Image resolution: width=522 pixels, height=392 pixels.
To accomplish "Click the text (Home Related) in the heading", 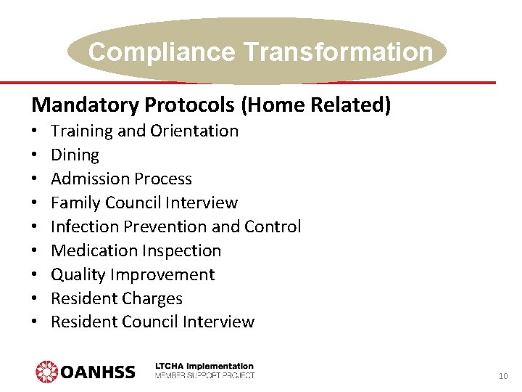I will point(317,105).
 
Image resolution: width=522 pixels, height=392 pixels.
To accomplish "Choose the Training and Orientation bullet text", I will point(144,131).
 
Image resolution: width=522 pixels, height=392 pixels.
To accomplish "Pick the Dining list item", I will point(75,155).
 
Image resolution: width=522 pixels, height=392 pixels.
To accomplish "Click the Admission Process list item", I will point(121,179).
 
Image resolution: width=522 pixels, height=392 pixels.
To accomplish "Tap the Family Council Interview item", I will point(144,203).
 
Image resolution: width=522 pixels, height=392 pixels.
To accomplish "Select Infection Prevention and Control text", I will point(175,226).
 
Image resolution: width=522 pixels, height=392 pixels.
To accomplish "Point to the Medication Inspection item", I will point(136,250).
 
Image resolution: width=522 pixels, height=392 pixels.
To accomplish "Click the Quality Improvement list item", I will point(133,274).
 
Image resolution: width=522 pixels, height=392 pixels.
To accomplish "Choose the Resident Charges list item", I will point(116,298).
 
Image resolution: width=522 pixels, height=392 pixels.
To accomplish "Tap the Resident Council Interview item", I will point(152,322).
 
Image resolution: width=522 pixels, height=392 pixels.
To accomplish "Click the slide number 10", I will point(502,376).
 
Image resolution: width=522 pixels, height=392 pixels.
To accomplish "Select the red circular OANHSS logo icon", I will point(47,372).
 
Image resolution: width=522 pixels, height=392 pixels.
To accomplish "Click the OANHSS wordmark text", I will point(98,372).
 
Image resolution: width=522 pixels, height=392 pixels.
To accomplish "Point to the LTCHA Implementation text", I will point(204,367).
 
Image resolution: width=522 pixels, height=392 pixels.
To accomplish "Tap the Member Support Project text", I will point(204,375).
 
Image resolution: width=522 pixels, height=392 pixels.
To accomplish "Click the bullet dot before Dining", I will point(35,155).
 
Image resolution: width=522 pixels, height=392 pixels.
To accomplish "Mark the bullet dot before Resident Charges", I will point(35,298).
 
